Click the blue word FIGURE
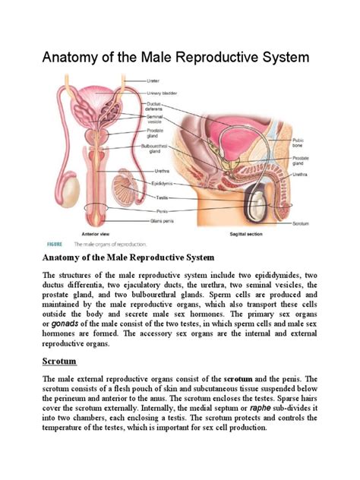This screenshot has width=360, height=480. point(55,245)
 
